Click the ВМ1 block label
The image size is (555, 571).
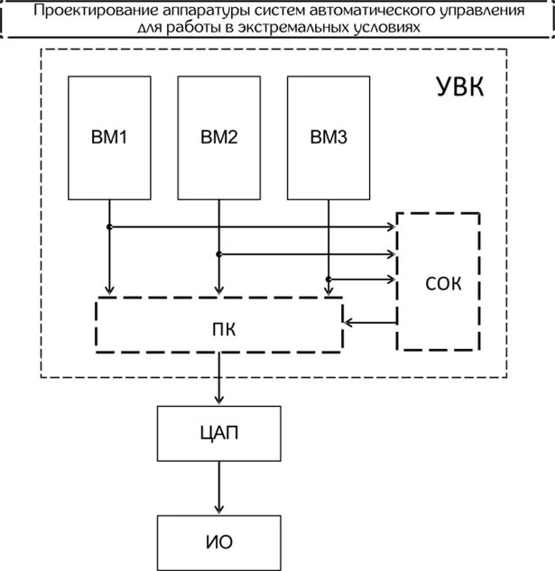[109, 138]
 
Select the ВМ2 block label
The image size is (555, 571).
[218, 138]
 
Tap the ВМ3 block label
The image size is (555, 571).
[328, 138]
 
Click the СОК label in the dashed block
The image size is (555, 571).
[442, 284]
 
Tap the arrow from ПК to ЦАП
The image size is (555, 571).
[217, 379]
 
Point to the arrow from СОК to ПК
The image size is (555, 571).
[371, 322]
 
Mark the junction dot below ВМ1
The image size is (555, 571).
[109, 227]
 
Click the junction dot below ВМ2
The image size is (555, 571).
[219, 253]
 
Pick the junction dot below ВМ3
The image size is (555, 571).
[328, 278]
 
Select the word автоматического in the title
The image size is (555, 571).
[365, 12]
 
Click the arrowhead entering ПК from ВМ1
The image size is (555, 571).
[109, 290]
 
